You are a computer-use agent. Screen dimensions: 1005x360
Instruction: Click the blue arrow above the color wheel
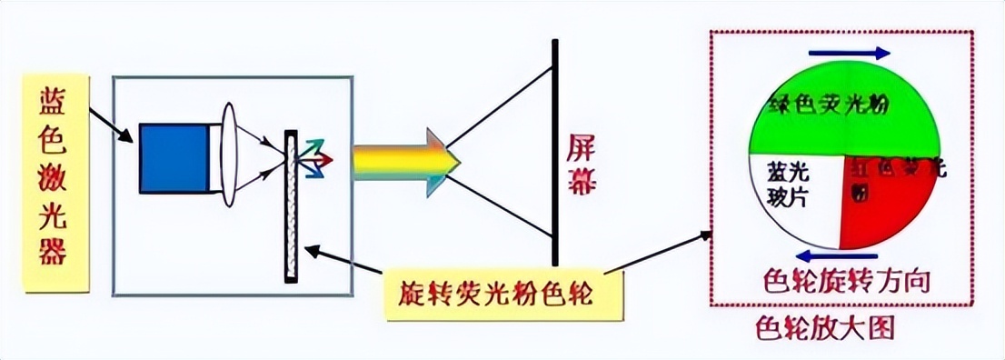click(x=849, y=53)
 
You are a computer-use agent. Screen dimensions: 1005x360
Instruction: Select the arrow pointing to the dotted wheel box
click(x=659, y=252)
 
